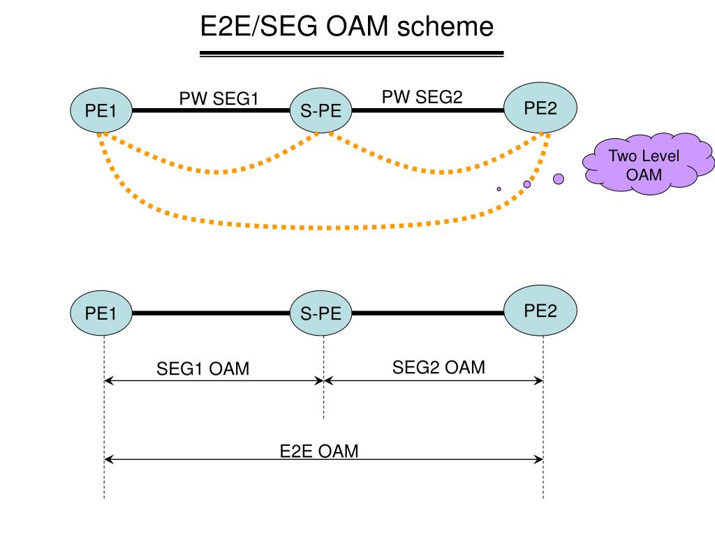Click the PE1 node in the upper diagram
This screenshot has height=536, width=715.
pyautogui.click(x=101, y=110)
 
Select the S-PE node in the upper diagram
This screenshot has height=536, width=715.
pyautogui.click(x=320, y=110)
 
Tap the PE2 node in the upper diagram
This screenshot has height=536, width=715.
pyautogui.click(x=540, y=107)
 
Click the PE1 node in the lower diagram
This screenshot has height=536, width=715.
pyautogui.click(x=101, y=313)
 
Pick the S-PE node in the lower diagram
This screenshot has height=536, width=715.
pyautogui.click(x=320, y=313)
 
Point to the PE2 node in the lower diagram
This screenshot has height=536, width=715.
pyautogui.click(x=540, y=311)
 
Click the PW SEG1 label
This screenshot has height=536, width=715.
pyautogui.click(x=219, y=98)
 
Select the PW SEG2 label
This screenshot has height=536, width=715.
pyautogui.click(x=422, y=96)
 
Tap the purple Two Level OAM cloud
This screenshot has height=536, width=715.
pyautogui.click(x=648, y=163)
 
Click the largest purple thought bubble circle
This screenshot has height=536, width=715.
pyautogui.click(x=559, y=179)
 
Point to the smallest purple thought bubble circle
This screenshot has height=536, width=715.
pyautogui.click(x=499, y=188)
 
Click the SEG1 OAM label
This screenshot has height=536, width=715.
pyautogui.click(x=203, y=368)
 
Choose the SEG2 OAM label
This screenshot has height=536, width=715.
pyautogui.click(x=438, y=367)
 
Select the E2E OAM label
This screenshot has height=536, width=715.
pyautogui.click(x=318, y=452)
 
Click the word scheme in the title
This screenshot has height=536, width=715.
pyautogui.click(x=445, y=27)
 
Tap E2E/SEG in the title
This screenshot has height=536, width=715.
pyautogui.click(x=258, y=27)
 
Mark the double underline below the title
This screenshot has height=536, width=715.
pyautogui.click(x=352, y=54)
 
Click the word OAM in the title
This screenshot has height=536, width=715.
pyautogui.click(x=357, y=27)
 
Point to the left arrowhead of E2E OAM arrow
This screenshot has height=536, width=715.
pyautogui.click(x=108, y=459)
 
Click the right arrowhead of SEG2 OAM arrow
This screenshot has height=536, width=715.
pyautogui.click(x=538, y=380)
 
